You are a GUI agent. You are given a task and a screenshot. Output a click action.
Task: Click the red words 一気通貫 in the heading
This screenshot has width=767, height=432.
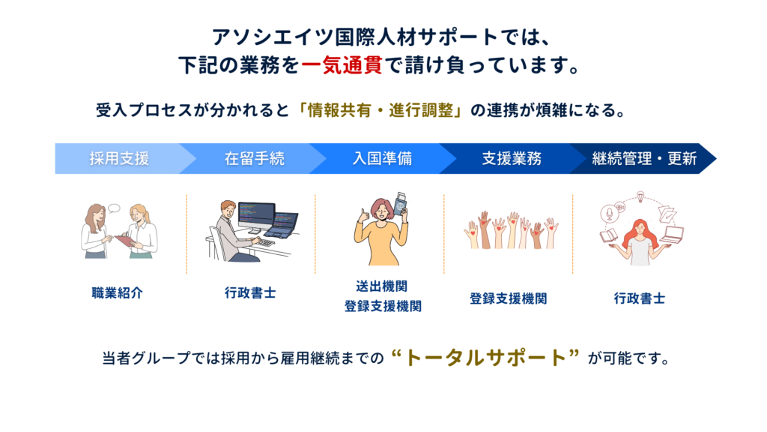click(x=342, y=65)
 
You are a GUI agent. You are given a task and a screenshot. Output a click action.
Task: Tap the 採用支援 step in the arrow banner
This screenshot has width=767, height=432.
click(x=119, y=159)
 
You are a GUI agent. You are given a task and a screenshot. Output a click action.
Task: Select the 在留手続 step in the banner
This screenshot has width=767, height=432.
click(x=255, y=159)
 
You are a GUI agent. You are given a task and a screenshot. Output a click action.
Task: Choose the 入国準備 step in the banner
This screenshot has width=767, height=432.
click(x=383, y=159)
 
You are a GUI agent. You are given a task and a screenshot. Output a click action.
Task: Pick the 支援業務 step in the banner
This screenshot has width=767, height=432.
click(x=512, y=159)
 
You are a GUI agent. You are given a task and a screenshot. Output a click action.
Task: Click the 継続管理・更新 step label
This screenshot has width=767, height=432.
click(x=644, y=159)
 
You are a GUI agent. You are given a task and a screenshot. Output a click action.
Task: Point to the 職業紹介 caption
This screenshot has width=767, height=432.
click(x=118, y=293)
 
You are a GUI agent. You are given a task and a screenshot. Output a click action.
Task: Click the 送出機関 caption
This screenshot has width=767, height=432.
click(x=381, y=286)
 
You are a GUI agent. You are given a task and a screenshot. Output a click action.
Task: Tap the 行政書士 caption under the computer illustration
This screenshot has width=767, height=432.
click(x=250, y=293)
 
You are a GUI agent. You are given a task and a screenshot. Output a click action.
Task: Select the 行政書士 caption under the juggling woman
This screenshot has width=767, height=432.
click(x=640, y=298)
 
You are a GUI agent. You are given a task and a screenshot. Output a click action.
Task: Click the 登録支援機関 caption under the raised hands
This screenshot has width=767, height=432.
click(x=509, y=298)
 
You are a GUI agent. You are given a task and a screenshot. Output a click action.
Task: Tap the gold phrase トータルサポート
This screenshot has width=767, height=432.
click(x=485, y=358)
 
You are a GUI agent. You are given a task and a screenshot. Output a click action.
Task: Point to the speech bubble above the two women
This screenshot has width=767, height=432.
click(x=114, y=208)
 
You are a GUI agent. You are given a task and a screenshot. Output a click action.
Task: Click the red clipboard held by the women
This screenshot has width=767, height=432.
click(x=125, y=241)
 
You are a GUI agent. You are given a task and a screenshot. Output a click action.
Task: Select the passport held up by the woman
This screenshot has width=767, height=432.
click(x=401, y=205)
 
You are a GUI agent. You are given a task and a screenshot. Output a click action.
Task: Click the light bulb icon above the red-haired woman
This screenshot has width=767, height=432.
click(x=640, y=197)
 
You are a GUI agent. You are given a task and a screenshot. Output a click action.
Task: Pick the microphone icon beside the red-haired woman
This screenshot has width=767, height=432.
click(x=610, y=214)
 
